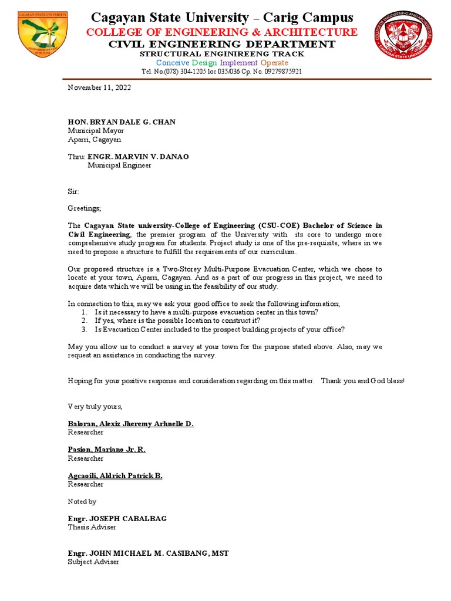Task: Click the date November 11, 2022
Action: pyautogui.click(x=99, y=87)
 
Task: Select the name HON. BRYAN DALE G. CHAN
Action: pyautogui.click(x=122, y=122)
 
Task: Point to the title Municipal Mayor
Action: pyautogui.click(x=96, y=131)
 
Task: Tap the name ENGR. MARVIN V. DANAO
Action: pyautogui.click(x=139, y=157)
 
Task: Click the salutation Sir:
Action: pyautogui.click(x=73, y=191)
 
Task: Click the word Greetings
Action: pyautogui.click(x=85, y=208)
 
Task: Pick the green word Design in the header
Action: pyautogui.click(x=205, y=63)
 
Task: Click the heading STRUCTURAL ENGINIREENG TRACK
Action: pyautogui.click(x=221, y=54)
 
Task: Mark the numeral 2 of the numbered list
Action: pyautogui.click(x=85, y=321)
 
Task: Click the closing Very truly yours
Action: pyautogui.click(x=95, y=406)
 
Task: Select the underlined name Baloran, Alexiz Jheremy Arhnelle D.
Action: pyautogui.click(x=131, y=424)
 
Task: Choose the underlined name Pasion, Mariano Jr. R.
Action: pyautogui.click(x=107, y=450)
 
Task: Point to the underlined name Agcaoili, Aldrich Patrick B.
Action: pyautogui.click(x=115, y=475)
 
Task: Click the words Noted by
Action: pyautogui.click(x=82, y=502)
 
